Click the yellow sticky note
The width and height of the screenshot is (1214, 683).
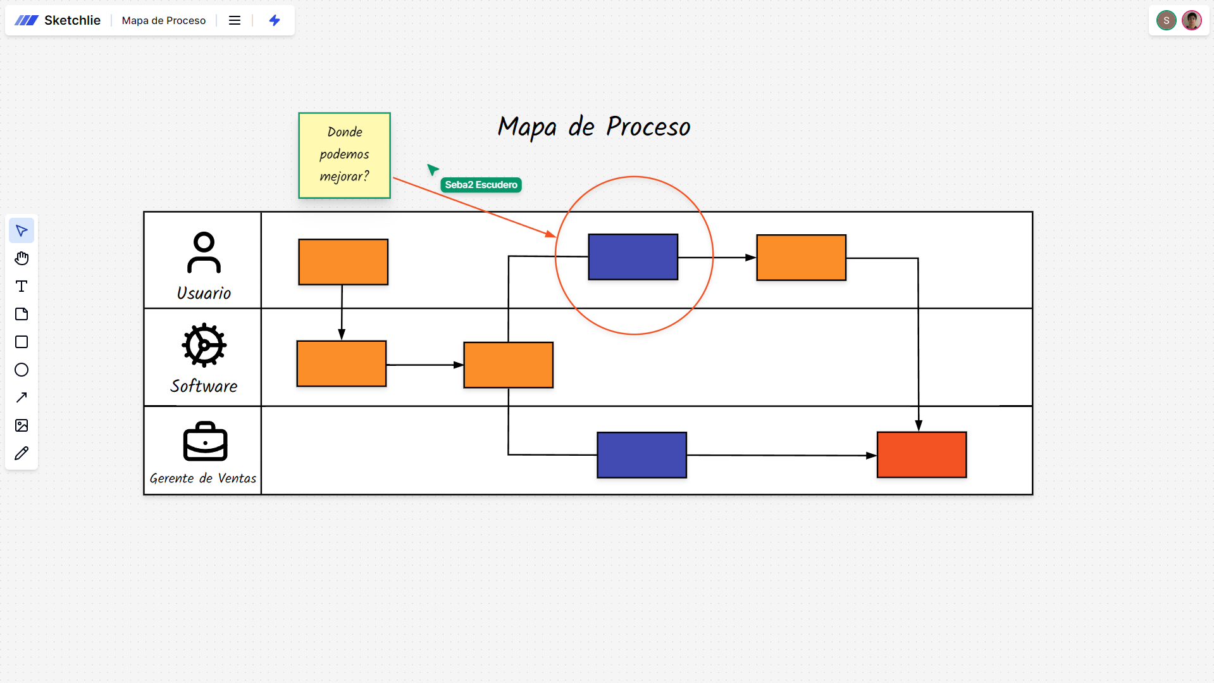[x=344, y=155]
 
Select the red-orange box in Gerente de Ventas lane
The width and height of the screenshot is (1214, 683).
[x=921, y=454]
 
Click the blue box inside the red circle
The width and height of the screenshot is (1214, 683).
[x=633, y=257]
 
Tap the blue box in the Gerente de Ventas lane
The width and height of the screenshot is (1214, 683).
[x=641, y=454]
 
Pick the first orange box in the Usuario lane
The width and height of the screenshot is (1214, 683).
[x=343, y=261]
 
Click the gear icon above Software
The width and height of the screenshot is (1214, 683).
[x=204, y=345]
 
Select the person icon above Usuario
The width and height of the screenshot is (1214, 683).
[x=204, y=252]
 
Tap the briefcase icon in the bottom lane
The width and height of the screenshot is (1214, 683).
[x=205, y=442]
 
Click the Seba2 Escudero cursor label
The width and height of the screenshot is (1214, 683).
[x=481, y=185]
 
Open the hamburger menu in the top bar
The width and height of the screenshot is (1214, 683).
[x=235, y=20]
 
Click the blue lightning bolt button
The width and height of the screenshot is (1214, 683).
[x=275, y=20]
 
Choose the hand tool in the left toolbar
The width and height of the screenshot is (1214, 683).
[x=22, y=258]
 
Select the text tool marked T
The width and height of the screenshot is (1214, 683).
[x=22, y=286]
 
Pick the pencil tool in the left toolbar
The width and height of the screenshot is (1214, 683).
[x=22, y=453]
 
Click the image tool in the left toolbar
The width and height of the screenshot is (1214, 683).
[x=22, y=425]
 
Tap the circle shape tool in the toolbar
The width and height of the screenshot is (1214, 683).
[x=22, y=370]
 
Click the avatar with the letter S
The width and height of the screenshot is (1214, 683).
[x=1166, y=20]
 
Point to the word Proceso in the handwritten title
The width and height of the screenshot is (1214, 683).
[x=648, y=127]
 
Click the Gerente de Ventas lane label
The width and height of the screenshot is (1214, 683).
[x=203, y=479]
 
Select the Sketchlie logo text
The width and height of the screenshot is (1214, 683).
[x=72, y=20]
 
